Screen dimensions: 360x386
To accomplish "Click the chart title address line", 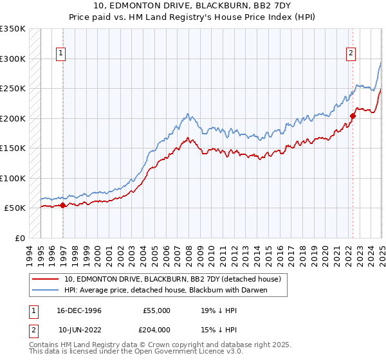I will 193,8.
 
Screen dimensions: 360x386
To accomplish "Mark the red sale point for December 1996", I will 62,205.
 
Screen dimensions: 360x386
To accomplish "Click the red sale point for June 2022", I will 353,116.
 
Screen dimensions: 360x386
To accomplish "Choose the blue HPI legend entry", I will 165,290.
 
